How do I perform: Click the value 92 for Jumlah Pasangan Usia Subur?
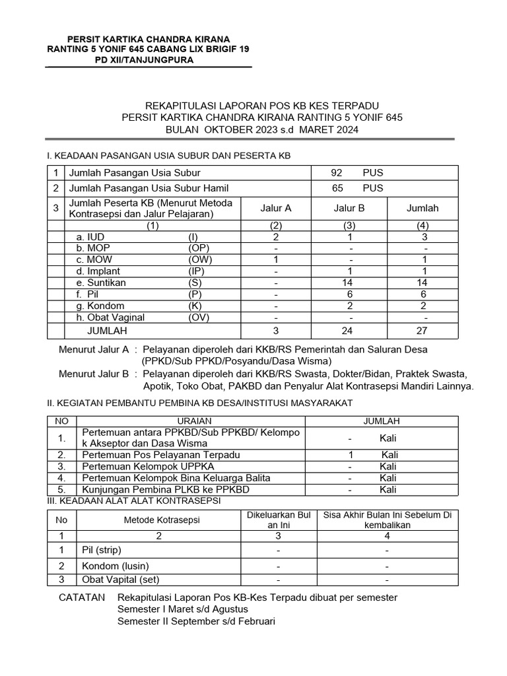click(337, 173)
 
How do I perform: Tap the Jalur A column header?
click(276, 208)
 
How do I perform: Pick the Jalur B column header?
click(349, 208)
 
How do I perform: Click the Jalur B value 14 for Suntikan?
click(351, 283)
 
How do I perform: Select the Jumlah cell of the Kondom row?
click(422, 306)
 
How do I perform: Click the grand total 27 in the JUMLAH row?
click(422, 331)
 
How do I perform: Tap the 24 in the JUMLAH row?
click(351, 331)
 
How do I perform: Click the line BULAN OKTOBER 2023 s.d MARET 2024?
click(262, 130)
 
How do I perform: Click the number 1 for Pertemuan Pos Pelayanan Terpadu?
click(351, 455)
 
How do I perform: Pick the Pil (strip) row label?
click(102, 550)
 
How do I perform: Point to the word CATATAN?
click(82, 597)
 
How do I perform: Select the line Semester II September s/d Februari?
click(196, 621)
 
